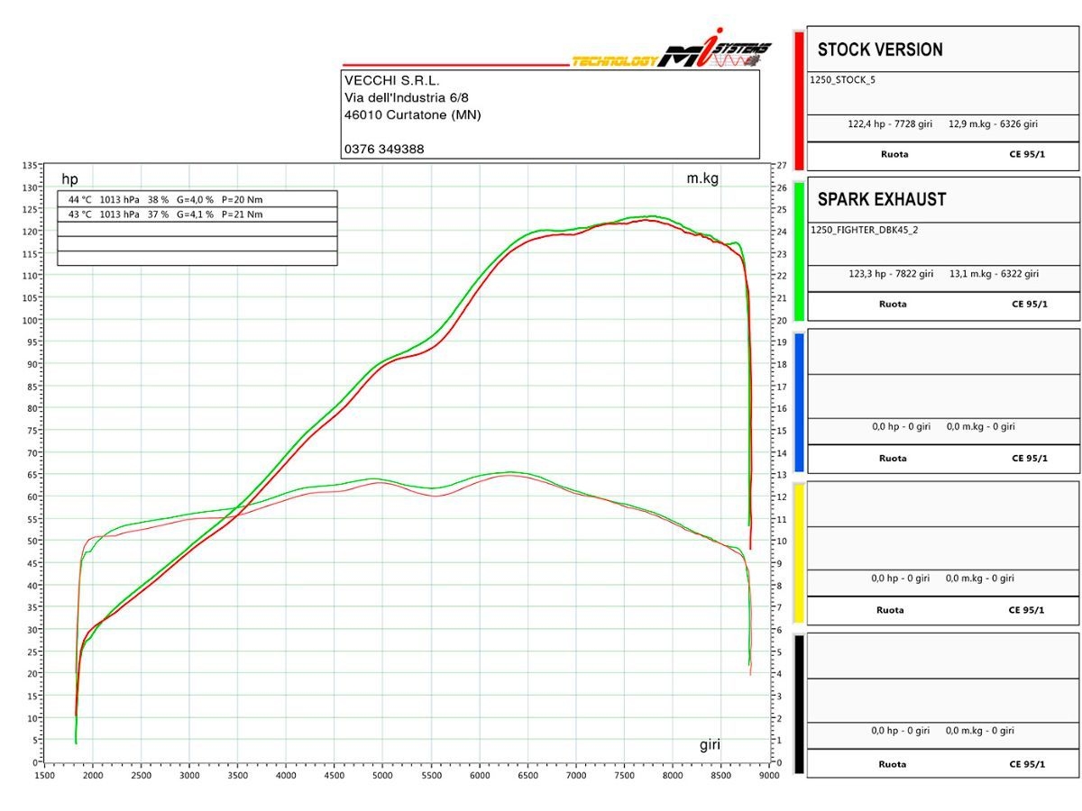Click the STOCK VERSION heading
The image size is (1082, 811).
pos(880,50)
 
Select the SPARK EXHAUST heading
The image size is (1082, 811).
pos(882,199)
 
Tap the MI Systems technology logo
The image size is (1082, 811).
pos(672,56)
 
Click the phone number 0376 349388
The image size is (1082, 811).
pos(384,149)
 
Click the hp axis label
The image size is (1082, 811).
pos(69,179)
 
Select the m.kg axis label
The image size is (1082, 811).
pos(702,178)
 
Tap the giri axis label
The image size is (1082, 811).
pos(710,744)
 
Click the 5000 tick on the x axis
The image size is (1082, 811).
pos(382,774)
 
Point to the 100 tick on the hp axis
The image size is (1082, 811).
pos(29,320)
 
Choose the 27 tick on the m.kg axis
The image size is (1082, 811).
pos(781,166)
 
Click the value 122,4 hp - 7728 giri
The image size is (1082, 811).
pos(890,123)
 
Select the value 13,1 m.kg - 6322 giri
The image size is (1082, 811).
pos(994,274)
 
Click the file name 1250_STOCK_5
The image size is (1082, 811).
pos(843,79)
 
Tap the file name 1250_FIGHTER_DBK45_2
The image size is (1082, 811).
pos(864,230)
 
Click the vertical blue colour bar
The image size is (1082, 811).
pos(798,403)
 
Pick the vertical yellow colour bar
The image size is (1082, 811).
pos(798,553)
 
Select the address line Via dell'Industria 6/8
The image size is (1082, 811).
pos(406,97)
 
